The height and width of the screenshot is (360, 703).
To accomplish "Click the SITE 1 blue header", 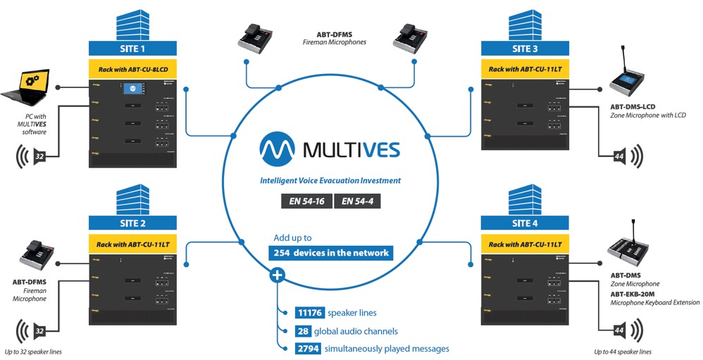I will click(132, 49).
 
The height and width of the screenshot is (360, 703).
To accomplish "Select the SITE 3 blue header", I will click(525, 49).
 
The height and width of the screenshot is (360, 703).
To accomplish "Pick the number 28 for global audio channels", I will click(303, 331).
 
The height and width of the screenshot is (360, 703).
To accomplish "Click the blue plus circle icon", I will click(278, 274).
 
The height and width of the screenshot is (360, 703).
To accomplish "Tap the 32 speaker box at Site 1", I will click(39, 156).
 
